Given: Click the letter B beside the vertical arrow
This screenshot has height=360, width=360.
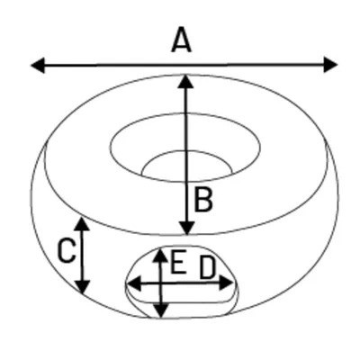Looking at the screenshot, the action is (x=203, y=199).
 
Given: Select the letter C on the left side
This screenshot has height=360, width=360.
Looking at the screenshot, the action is (x=66, y=251).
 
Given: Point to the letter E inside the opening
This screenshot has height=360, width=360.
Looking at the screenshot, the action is (x=176, y=262).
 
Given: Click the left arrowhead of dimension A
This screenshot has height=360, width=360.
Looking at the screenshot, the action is (x=38, y=66).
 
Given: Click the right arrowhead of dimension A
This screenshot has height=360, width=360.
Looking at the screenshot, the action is (x=331, y=65).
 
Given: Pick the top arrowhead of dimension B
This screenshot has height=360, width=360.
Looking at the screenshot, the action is (x=185, y=81).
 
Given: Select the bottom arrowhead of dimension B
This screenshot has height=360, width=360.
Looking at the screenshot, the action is (x=186, y=229).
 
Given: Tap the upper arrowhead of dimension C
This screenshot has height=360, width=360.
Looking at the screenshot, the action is (x=82, y=223).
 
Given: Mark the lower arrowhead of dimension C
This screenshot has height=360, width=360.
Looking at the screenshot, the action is (x=83, y=287).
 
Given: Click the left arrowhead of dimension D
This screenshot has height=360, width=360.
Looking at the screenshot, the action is (x=134, y=283).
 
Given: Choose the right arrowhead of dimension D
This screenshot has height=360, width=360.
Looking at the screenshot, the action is (x=226, y=283).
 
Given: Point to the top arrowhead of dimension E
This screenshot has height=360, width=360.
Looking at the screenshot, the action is (x=161, y=256).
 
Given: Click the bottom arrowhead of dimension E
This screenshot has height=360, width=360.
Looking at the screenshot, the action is (x=161, y=310).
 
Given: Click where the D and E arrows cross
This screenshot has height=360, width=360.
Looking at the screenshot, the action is (x=161, y=283).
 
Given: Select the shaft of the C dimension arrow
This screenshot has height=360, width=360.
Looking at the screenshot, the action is (x=82, y=255).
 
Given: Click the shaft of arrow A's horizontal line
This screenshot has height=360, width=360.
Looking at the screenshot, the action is (x=184, y=65).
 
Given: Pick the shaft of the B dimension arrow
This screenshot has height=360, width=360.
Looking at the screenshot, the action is (x=186, y=155).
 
